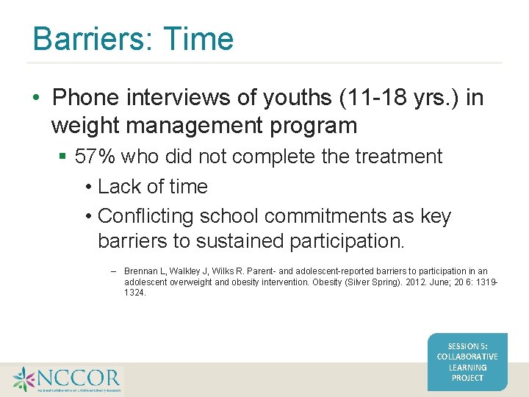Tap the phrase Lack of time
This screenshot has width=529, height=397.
click(152, 187)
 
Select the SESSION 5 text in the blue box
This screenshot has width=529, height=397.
click(467, 346)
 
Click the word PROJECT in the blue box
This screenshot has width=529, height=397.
click(467, 377)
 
